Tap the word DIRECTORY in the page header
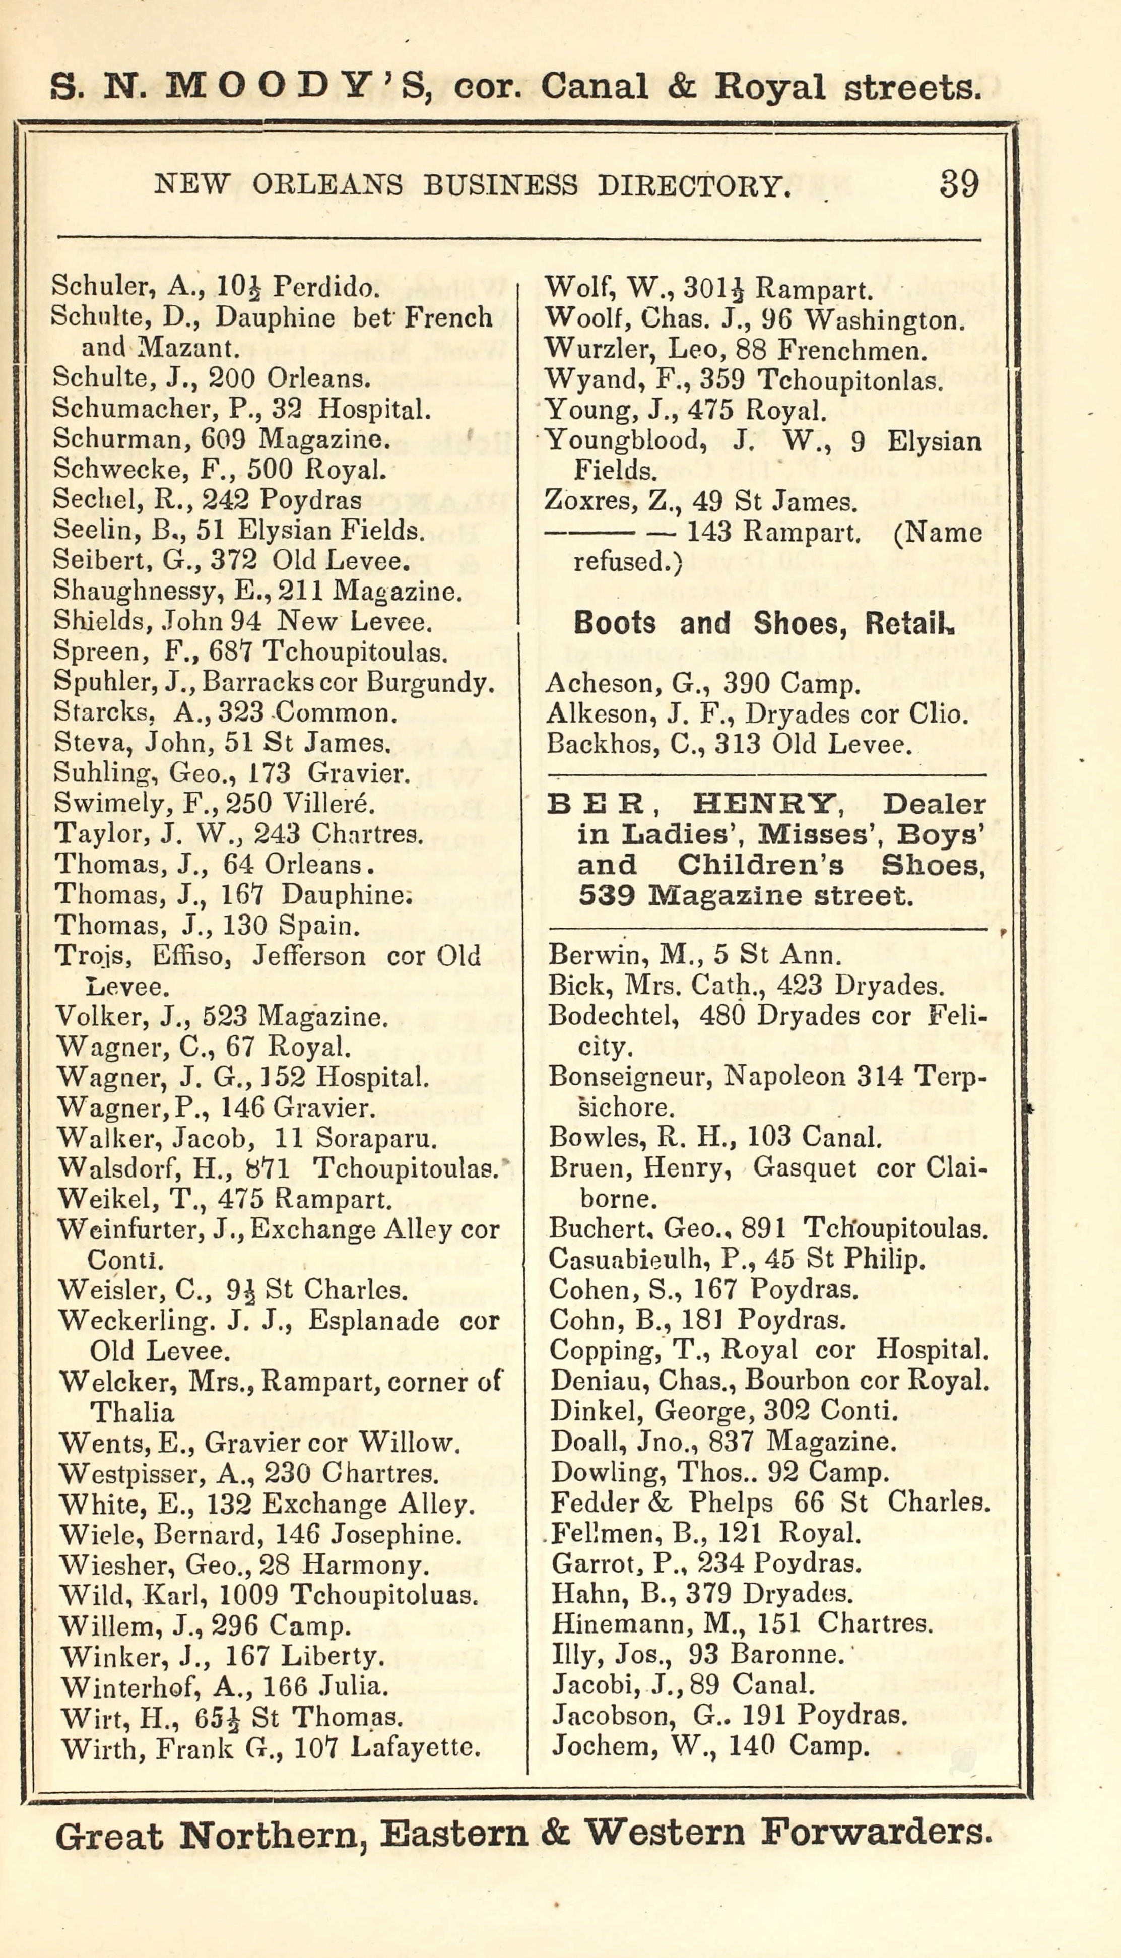(x=694, y=185)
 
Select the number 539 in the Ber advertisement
(x=606, y=895)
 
